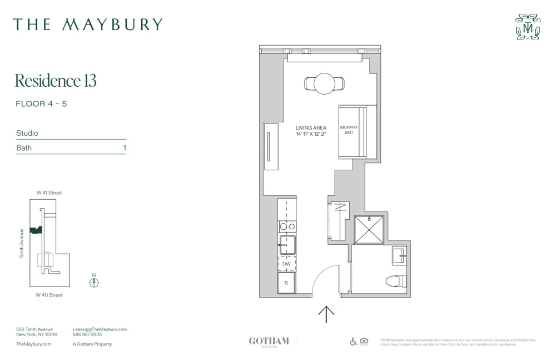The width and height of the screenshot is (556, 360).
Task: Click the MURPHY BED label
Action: click(349, 130)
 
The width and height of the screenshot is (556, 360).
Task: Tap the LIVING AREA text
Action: click(311, 128)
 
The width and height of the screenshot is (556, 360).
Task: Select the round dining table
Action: click(325, 84)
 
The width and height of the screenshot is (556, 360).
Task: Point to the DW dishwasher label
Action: click(286, 264)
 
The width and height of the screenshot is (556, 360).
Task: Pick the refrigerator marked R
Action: click(286, 283)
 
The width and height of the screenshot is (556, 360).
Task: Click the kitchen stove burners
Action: click(287, 226)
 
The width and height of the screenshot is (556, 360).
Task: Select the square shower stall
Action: click(369, 230)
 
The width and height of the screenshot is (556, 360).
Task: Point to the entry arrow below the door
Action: click(326, 314)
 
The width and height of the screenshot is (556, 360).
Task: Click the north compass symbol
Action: click(94, 282)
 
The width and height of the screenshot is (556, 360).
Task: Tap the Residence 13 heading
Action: click(56, 81)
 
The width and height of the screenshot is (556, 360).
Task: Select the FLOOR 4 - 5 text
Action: click(42, 104)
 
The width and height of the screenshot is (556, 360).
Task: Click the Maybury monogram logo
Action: click(528, 27)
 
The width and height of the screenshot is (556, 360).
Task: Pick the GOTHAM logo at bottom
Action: click(269, 341)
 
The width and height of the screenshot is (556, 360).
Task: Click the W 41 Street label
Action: click(49, 193)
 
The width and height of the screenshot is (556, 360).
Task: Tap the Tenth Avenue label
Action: click(22, 243)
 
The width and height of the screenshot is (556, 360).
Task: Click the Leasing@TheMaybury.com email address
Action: click(100, 329)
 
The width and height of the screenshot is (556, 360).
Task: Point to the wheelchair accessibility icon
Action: click(354, 341)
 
